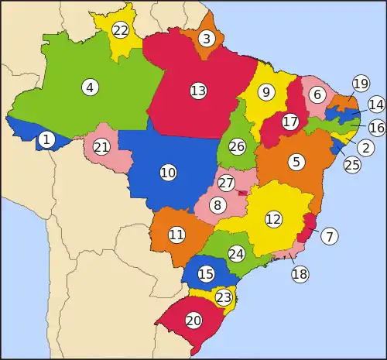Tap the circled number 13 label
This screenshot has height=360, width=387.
[198, 91]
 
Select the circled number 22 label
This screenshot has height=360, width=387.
[120, 31]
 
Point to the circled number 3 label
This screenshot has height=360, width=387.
[207, 38]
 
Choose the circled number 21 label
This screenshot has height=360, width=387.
[101, 146]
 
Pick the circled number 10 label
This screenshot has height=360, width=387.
[168, 173]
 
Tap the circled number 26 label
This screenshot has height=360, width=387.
[238, 146]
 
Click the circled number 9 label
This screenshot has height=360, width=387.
[266, 93]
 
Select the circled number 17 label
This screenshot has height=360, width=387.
[290, 122]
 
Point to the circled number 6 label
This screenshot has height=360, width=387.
[316, 94]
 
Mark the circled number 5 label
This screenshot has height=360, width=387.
[296, 162]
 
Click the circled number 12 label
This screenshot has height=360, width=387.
[272, 219]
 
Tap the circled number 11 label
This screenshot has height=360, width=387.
[176, 234]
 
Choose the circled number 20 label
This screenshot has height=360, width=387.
[193, 320]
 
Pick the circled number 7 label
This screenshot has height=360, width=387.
[330, 236]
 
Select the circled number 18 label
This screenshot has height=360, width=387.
[300, 273]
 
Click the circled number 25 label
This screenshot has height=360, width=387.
[352, 164]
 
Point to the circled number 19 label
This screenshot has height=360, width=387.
[361, 84]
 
